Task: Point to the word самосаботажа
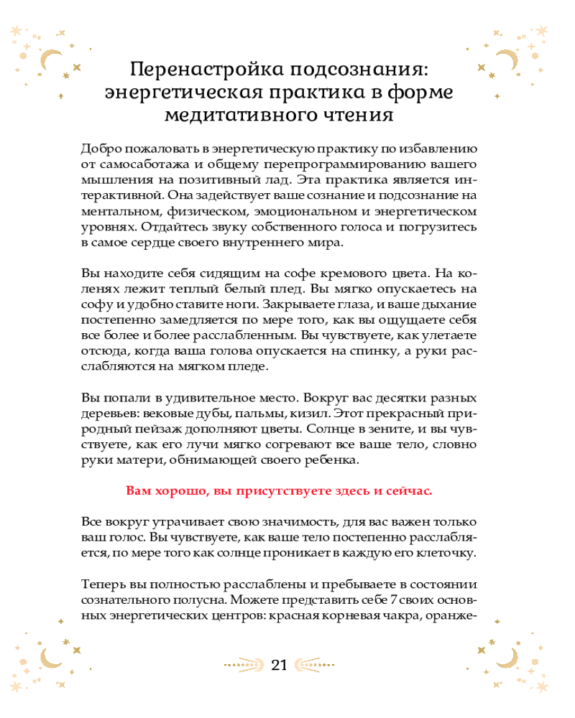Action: [x=136, y=165]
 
